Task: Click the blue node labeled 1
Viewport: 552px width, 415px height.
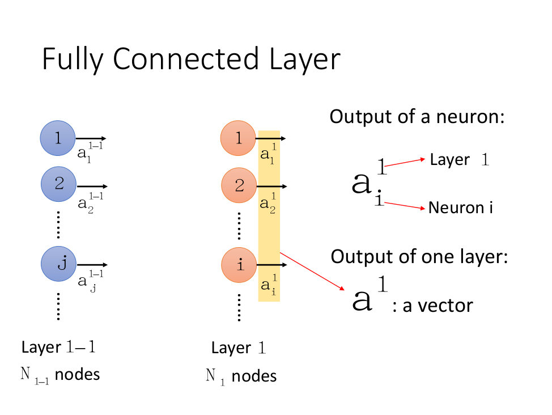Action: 58,138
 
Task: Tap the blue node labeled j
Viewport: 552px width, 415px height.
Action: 58,264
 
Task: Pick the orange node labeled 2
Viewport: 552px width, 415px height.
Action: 239,186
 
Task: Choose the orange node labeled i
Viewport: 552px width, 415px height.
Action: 239,264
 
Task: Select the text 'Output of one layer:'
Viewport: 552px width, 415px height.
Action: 419,256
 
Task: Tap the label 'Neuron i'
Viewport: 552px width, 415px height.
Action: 460,207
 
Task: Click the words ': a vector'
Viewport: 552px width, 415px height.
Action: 432,306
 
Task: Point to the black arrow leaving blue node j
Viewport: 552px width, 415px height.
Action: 92,265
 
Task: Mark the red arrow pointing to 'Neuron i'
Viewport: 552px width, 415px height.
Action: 404,205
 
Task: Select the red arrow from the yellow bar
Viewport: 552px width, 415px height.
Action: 312,272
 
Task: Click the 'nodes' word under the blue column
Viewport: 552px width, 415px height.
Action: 78,375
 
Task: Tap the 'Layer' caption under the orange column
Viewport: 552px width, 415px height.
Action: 231,348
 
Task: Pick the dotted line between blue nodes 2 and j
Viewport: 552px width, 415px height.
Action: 58,226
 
